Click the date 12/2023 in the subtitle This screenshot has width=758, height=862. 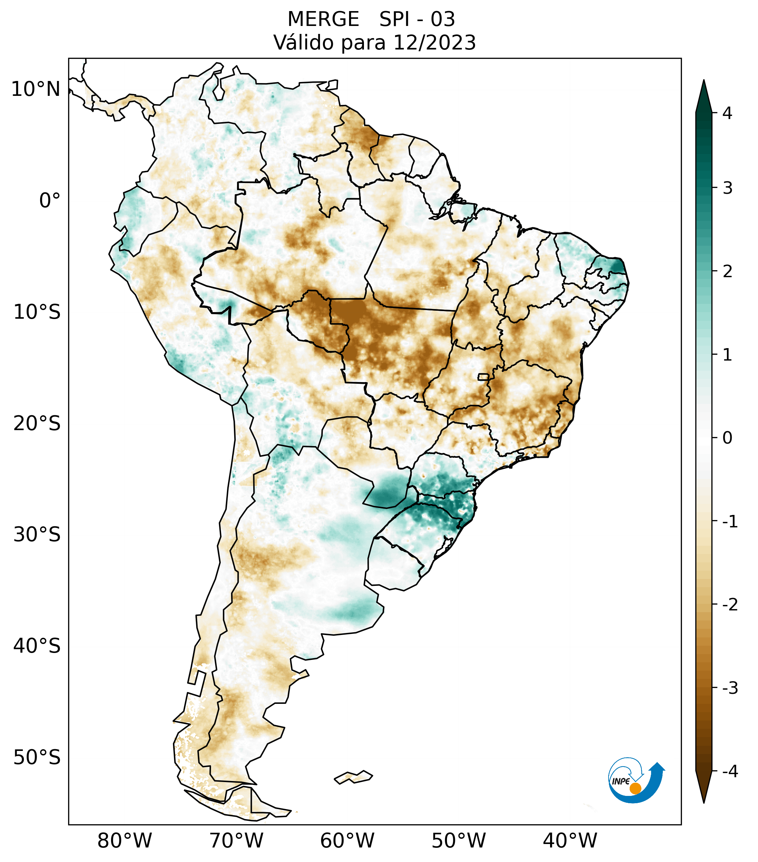click(434, 43)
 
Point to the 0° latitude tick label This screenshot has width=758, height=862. click(50, 201)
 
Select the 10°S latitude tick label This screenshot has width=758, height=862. click(37, 312)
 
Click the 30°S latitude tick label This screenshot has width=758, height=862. click(37, 535)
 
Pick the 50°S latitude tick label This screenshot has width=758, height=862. click(37, 758)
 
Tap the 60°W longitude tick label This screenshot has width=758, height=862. click(347, 841)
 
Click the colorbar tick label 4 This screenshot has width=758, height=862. click(727, 113)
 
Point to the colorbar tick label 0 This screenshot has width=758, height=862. click(727, 438)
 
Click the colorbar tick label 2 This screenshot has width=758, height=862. click(727, 272)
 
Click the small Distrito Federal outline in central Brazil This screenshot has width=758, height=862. click(483, 376)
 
